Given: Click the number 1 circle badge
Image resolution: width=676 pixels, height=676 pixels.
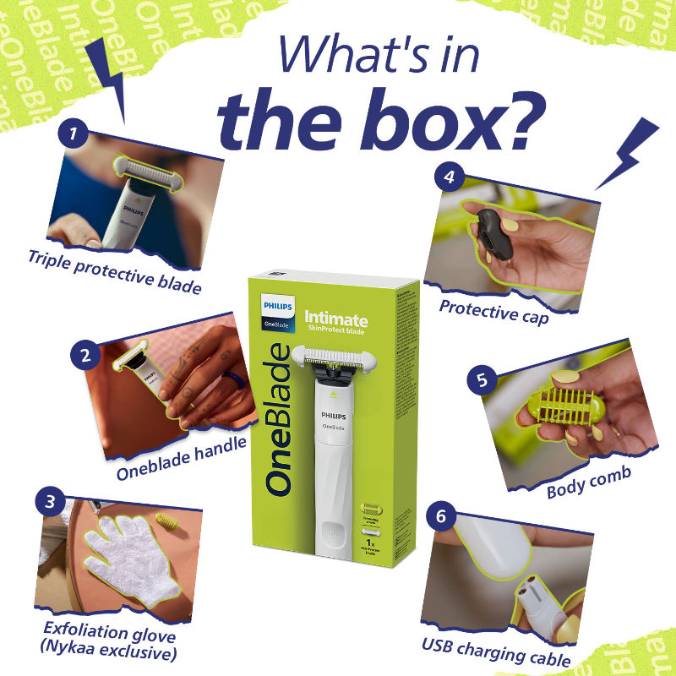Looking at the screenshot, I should (x=74, y=133).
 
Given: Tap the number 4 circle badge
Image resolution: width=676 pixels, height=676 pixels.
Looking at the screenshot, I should (x=450, y=177).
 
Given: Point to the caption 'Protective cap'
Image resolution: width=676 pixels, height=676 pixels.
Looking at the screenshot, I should (x=493, y=309).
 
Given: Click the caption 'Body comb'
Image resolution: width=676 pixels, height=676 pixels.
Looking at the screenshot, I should (x=588, y=483).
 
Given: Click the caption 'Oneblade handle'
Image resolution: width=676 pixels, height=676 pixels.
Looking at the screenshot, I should (x=183, y=449).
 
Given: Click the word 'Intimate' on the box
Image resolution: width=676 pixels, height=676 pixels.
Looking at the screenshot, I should (x=335, y=319).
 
